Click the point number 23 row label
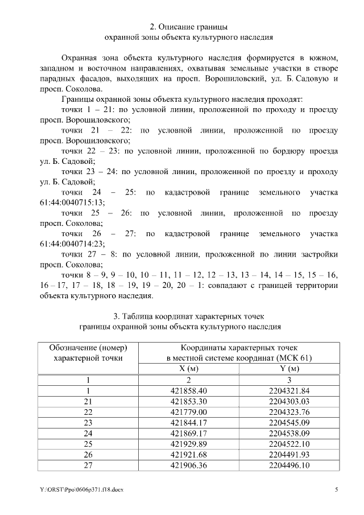pyautogui.click(x=88, y=423)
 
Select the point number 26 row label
pyautogui.click(x=88, y=455)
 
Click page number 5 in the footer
pyautogui.click(x=336, y=489)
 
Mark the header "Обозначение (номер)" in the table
pyautogui.click(x=88, y=347)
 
